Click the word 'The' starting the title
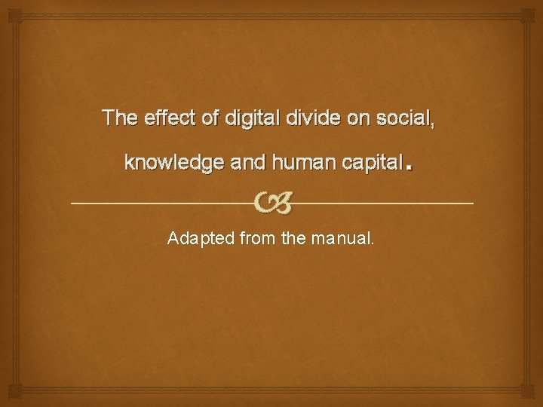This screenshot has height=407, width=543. (119, 118)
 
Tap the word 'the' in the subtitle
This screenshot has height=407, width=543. (293, 239)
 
